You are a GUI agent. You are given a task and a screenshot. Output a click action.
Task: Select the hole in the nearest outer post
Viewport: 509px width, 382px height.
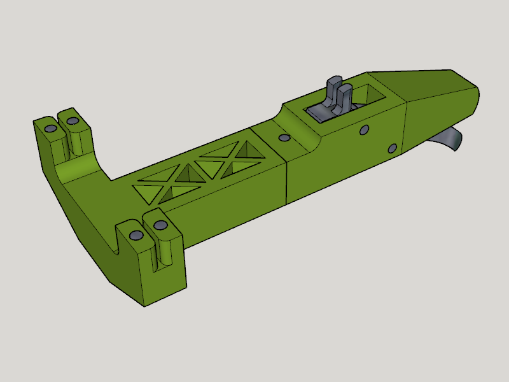(x=134, y=236)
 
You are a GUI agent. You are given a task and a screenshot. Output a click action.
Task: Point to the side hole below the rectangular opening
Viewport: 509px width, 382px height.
(x=363, y=130)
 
